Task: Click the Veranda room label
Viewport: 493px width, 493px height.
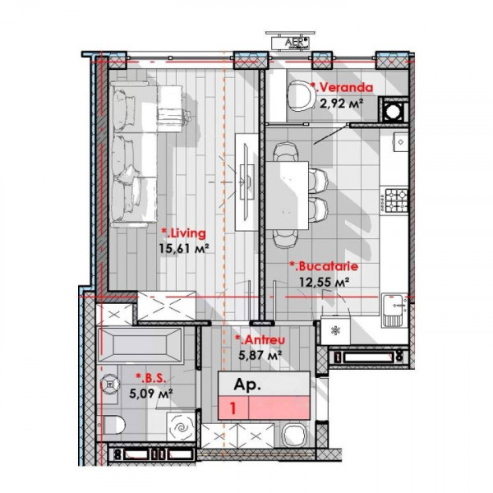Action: point(342,87)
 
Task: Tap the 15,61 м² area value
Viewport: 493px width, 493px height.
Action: point(184,249)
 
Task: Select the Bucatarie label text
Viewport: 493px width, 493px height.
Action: point(324,266)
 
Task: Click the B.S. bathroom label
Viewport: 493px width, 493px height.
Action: point(150,378)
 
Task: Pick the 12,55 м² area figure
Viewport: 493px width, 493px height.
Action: point(325,282)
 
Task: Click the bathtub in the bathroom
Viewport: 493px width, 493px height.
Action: point(140,345)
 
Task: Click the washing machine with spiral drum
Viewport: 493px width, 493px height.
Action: point(181,426)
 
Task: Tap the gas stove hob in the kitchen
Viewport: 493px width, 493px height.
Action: point(394,200)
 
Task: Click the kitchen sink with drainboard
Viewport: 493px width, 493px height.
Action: point(394,311)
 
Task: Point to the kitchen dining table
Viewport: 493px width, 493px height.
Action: point(287,195)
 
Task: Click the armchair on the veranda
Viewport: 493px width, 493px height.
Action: point(300,95)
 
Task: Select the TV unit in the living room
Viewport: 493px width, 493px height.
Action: point(246,182)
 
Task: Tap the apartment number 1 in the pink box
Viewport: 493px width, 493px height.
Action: point(233,408)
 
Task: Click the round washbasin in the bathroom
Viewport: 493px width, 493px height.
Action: point(110,385)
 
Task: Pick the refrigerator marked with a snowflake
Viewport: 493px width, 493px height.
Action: point(335,330)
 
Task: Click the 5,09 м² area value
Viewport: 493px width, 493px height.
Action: point(150,394)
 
